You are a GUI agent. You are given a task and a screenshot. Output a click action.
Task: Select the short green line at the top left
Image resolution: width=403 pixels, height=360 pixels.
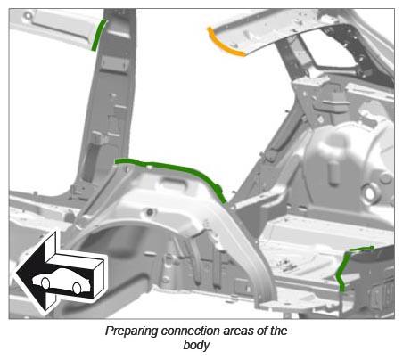(x=99, y=35)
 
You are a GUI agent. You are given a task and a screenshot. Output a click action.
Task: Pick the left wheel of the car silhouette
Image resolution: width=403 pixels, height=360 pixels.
(x=45, y=283)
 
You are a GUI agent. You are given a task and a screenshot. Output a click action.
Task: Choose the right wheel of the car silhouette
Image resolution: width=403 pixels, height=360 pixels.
(x=77, y=289)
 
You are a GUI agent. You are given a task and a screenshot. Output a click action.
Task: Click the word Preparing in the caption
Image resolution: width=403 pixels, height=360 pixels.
(x=132, y=331)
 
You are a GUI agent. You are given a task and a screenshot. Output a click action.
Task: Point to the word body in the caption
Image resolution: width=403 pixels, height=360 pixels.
(x=196, y=346)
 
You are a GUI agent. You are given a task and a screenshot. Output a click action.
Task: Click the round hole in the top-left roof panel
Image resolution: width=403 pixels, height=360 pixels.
(x=28, y=15)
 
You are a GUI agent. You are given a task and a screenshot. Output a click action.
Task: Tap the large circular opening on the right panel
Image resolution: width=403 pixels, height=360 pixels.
(x=370, y=193)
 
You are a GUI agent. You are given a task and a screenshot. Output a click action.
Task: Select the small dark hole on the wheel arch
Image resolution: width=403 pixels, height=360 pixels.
(x=150, y=212)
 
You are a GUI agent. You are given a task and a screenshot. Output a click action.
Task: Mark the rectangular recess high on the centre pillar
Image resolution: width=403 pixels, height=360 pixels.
(x=114, y=64)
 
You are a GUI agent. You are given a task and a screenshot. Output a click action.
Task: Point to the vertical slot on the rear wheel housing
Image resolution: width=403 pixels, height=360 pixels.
(x=333, y=174)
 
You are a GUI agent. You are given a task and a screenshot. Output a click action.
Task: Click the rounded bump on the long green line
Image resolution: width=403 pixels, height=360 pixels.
(x=218, y=189)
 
